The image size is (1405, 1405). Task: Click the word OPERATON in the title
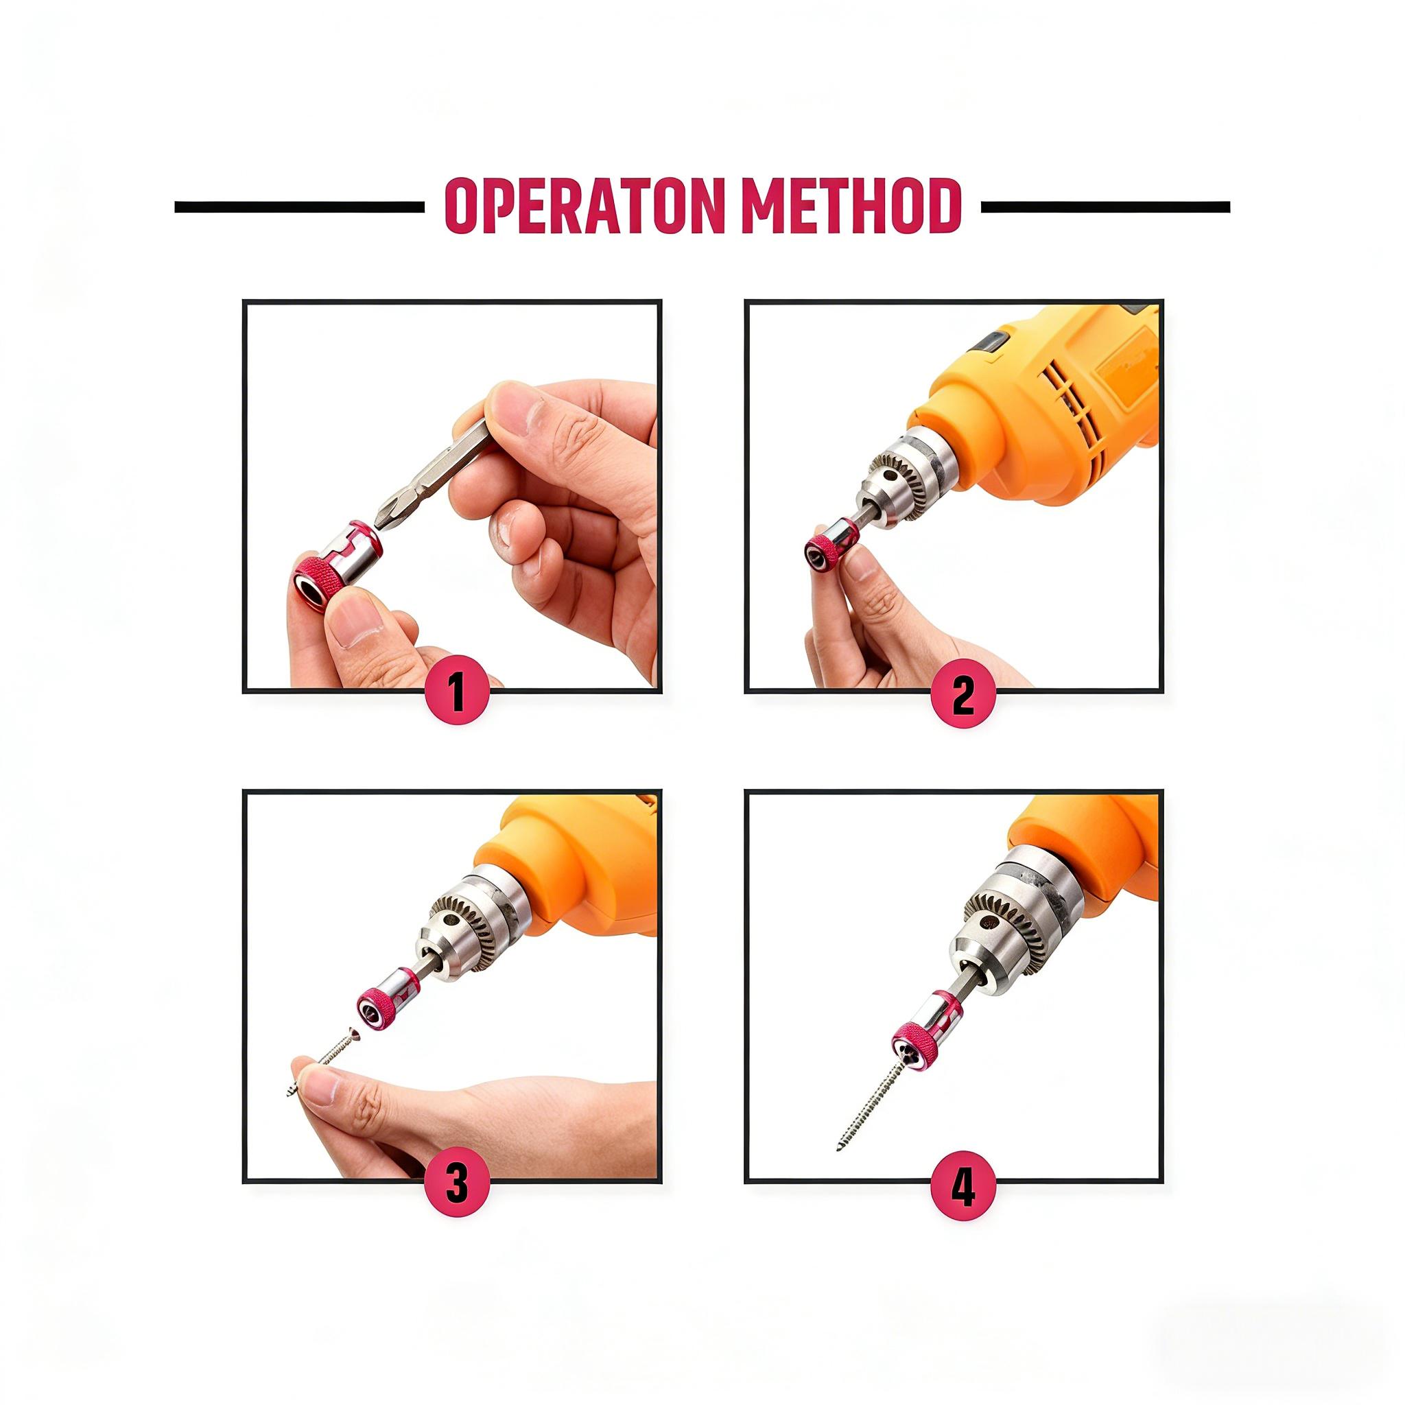(577, 206)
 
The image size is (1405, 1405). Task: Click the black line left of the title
(298, 208)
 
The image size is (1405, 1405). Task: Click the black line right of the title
(1105, 207)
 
